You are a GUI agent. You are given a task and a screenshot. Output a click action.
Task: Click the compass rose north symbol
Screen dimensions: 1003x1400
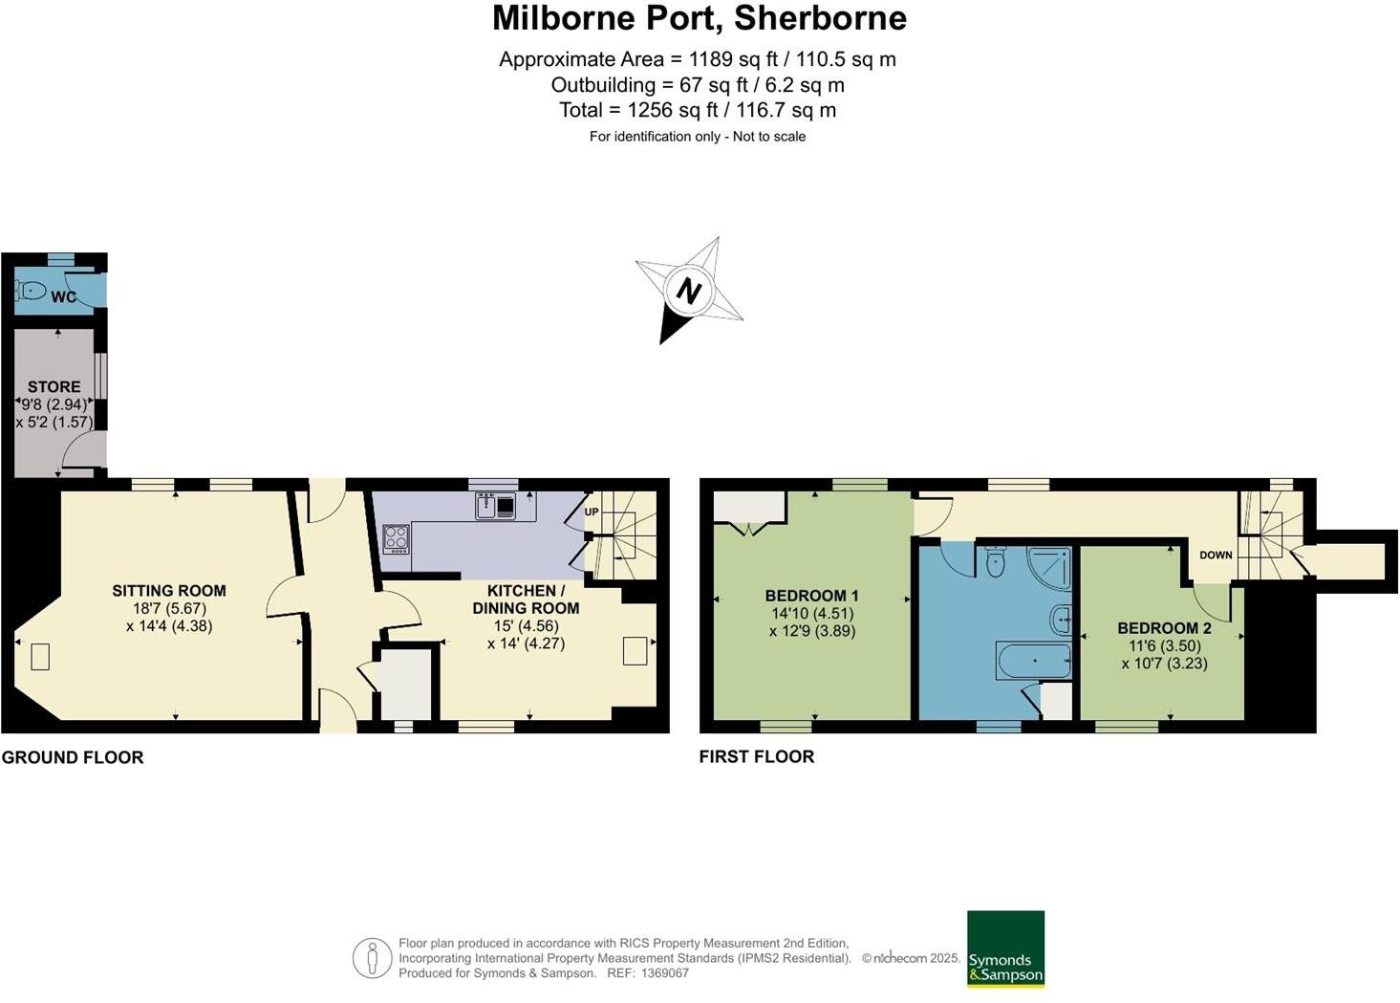(688, 290)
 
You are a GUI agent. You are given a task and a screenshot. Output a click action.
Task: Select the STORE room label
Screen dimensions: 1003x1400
(54, 386)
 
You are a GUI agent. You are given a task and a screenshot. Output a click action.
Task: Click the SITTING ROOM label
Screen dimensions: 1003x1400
(169, 591)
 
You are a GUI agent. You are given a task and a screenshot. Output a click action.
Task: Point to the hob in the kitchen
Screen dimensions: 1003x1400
(396, 539)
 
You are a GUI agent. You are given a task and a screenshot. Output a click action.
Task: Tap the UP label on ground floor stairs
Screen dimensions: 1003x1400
(592, 512)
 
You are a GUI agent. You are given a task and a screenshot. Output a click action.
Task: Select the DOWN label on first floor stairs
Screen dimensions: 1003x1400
(1216, 555)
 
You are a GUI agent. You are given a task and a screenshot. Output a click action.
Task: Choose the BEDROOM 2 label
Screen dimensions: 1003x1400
(1164, 628)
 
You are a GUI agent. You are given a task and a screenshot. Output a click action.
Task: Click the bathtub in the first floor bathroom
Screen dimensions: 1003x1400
(1032, 661)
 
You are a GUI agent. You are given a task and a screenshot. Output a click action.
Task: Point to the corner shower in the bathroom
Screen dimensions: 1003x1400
(1049, 565)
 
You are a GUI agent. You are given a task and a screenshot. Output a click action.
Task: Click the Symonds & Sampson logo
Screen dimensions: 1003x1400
(1005, 948)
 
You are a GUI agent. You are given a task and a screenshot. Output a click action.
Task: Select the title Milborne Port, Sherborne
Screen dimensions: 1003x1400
(699, 18)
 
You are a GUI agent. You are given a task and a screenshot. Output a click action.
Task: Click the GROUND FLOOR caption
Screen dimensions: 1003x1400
(73, 757)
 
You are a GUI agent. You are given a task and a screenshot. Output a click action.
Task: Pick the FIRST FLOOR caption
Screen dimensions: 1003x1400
(756, 756)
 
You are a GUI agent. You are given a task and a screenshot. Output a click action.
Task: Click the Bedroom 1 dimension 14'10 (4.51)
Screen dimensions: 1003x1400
(812, 614)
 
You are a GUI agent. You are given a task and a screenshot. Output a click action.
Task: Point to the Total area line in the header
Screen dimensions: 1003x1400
(698, 110)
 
